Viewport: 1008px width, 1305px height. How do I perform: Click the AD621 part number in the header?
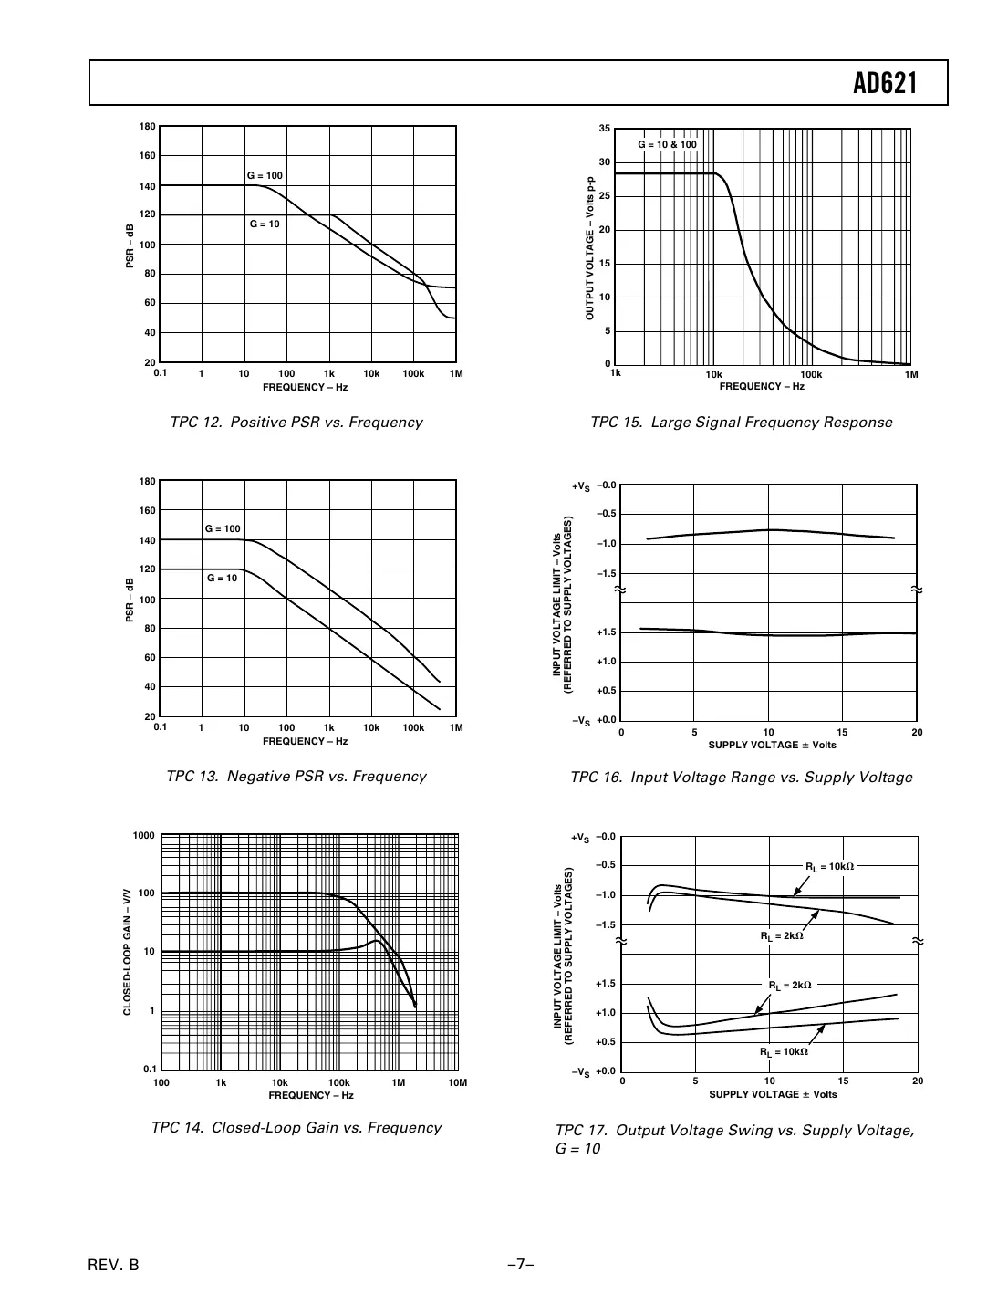884,84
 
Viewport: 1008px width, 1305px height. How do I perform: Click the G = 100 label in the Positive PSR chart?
265,175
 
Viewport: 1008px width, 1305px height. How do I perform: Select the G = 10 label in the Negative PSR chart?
222,578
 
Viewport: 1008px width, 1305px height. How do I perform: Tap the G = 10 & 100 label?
667,145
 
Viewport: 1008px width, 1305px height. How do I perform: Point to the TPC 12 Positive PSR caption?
296,423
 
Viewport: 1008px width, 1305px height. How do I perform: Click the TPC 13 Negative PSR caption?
296,777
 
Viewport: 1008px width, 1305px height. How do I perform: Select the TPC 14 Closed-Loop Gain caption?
296,1128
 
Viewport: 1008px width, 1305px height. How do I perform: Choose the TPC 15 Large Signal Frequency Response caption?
741,423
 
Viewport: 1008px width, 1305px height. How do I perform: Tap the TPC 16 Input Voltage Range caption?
741,778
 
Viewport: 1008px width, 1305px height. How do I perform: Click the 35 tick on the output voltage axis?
604,129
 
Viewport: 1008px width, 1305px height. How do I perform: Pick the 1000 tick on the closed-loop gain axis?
143,836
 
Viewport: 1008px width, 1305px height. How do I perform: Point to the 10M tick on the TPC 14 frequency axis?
458,1083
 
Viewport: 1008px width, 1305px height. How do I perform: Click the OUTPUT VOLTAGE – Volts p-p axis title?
590,247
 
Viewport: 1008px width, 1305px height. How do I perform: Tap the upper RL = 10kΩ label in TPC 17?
829,866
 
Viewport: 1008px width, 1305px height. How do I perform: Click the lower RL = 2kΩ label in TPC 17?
790,986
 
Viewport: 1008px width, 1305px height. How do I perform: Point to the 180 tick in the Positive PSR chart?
147,127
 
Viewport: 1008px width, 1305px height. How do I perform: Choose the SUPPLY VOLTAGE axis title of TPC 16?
772,745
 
